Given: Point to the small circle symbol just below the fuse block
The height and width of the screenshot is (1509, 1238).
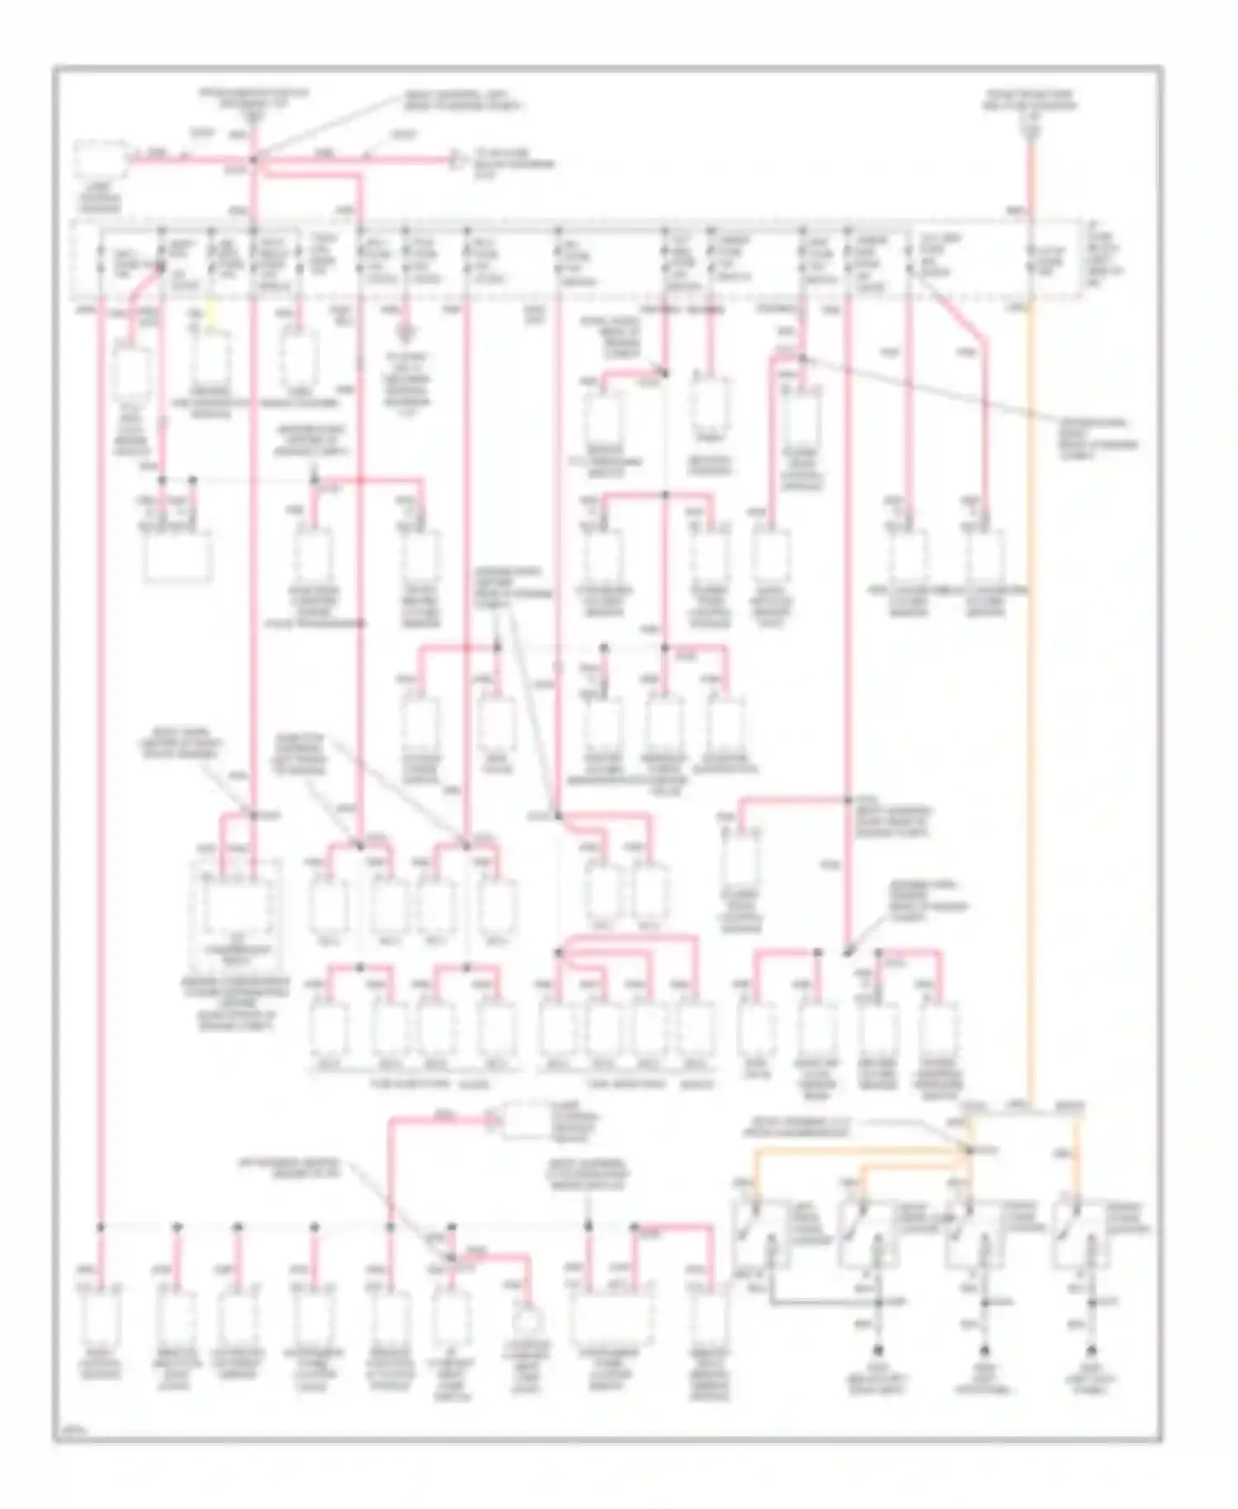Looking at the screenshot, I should [405, 333].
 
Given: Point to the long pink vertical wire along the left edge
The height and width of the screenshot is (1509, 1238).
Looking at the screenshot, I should [100, 743].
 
